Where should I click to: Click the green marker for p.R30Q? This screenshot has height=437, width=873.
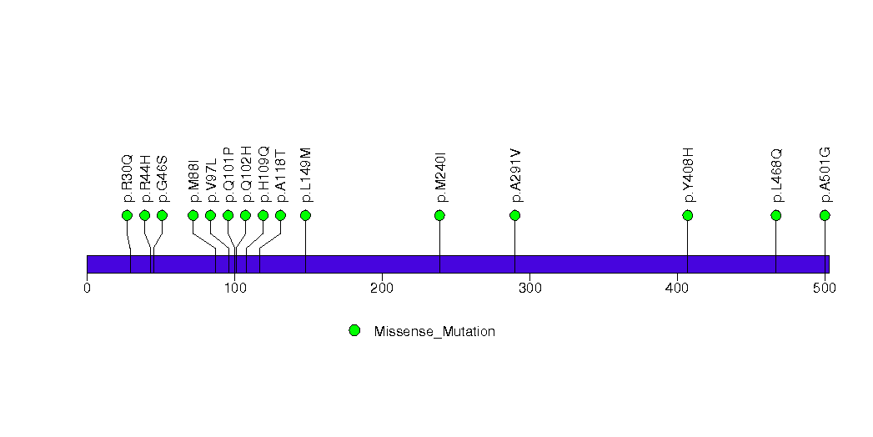point(127,215)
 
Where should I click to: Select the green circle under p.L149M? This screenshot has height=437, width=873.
point(305,215)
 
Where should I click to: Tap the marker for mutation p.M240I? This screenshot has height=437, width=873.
point(439,215)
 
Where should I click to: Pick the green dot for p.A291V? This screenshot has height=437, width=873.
point(514,215)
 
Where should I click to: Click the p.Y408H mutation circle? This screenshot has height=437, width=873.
point(687,215)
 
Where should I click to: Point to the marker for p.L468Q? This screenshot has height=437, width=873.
point(775,215)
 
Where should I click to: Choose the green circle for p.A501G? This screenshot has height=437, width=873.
point(825,215)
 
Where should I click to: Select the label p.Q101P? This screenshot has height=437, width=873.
point(228,175)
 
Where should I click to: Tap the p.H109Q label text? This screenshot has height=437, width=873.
point(263,175)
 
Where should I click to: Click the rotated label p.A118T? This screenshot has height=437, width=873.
point(281,178)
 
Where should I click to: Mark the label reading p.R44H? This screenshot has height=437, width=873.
point(145,178)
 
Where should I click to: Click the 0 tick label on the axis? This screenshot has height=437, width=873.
point(87,289)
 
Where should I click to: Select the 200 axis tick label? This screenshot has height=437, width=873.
point(382,289)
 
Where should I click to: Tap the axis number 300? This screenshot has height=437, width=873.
point(529,289)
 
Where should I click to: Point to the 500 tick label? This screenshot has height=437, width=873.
point(825,289)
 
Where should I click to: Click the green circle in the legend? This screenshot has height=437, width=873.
point(354,331)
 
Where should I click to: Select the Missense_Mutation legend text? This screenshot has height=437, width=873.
point(434,332)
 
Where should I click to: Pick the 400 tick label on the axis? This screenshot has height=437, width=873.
point(677,289)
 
